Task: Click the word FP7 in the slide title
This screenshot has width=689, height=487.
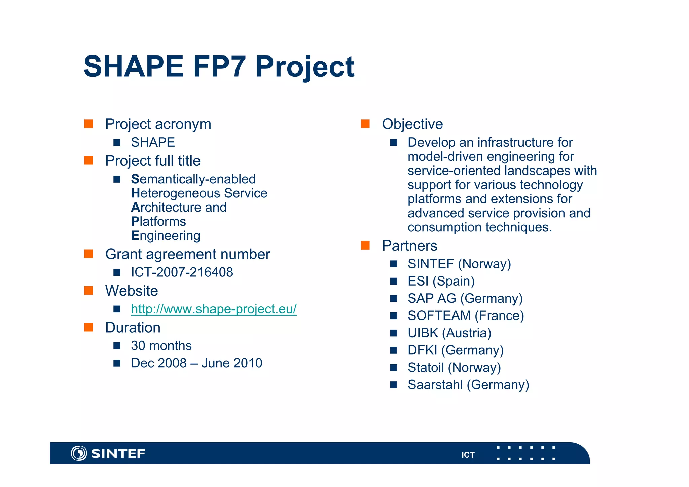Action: tap(219, 67)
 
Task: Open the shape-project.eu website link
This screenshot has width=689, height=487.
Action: tap(214, 309)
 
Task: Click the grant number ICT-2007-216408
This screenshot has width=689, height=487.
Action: tap(182, 272)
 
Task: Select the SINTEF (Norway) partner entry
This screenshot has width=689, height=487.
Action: tap(459, 264)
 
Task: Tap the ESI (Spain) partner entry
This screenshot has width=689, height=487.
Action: tap(441, 281)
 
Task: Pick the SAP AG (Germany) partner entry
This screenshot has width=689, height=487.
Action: tap(465, 299)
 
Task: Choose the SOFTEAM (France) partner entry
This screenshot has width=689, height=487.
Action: tap(466, 316)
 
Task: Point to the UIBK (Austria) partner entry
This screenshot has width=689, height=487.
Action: tap(449, 333)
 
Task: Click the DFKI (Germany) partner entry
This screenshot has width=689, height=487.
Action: tap(456, 350)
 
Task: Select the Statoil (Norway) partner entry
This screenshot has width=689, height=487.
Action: tap(454, 368)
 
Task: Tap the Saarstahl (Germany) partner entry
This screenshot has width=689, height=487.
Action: tap(468, 385)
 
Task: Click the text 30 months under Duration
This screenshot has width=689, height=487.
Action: tap(161, 346)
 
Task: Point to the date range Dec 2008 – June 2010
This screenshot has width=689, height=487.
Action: tap(196, 363)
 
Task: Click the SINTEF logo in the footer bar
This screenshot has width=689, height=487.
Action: tap(108, 453)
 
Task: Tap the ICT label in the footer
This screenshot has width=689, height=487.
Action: tap(468, 455)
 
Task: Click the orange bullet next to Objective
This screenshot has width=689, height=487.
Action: tap(365, 124)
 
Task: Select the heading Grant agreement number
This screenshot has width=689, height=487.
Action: tap(187, 254)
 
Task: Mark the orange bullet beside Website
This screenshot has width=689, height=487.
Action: tap(88, 291)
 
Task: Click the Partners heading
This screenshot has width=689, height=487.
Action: tap(409, 246)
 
